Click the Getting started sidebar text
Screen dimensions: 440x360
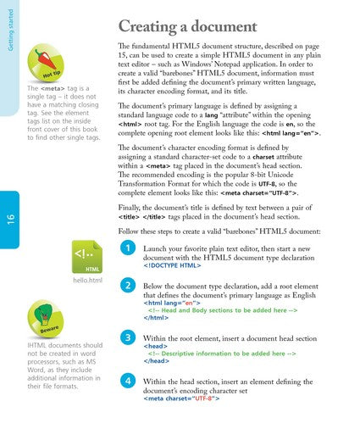click(9, 27)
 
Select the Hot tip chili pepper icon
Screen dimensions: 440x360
click(47, 60)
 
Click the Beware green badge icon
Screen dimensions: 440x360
click(49, 317)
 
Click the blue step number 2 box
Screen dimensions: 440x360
click(126, 285)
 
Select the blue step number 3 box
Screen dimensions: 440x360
click(126, 337)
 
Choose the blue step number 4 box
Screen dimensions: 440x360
click(126, 381)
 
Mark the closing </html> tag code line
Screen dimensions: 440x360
click(155, 320)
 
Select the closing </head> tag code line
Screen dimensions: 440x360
click(157, 361)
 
